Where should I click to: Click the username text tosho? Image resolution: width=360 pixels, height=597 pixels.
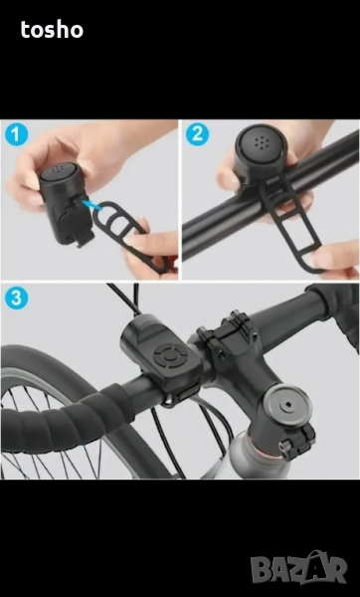[52, 30]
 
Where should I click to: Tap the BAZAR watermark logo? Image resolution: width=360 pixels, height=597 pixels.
[298, 568]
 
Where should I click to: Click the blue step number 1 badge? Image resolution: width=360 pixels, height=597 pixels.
[16, 134]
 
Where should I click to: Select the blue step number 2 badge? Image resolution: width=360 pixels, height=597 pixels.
[197, 134]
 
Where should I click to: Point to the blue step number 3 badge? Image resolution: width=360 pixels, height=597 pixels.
[16, 298]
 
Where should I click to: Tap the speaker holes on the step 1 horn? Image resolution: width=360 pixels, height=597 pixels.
[58, 169]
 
